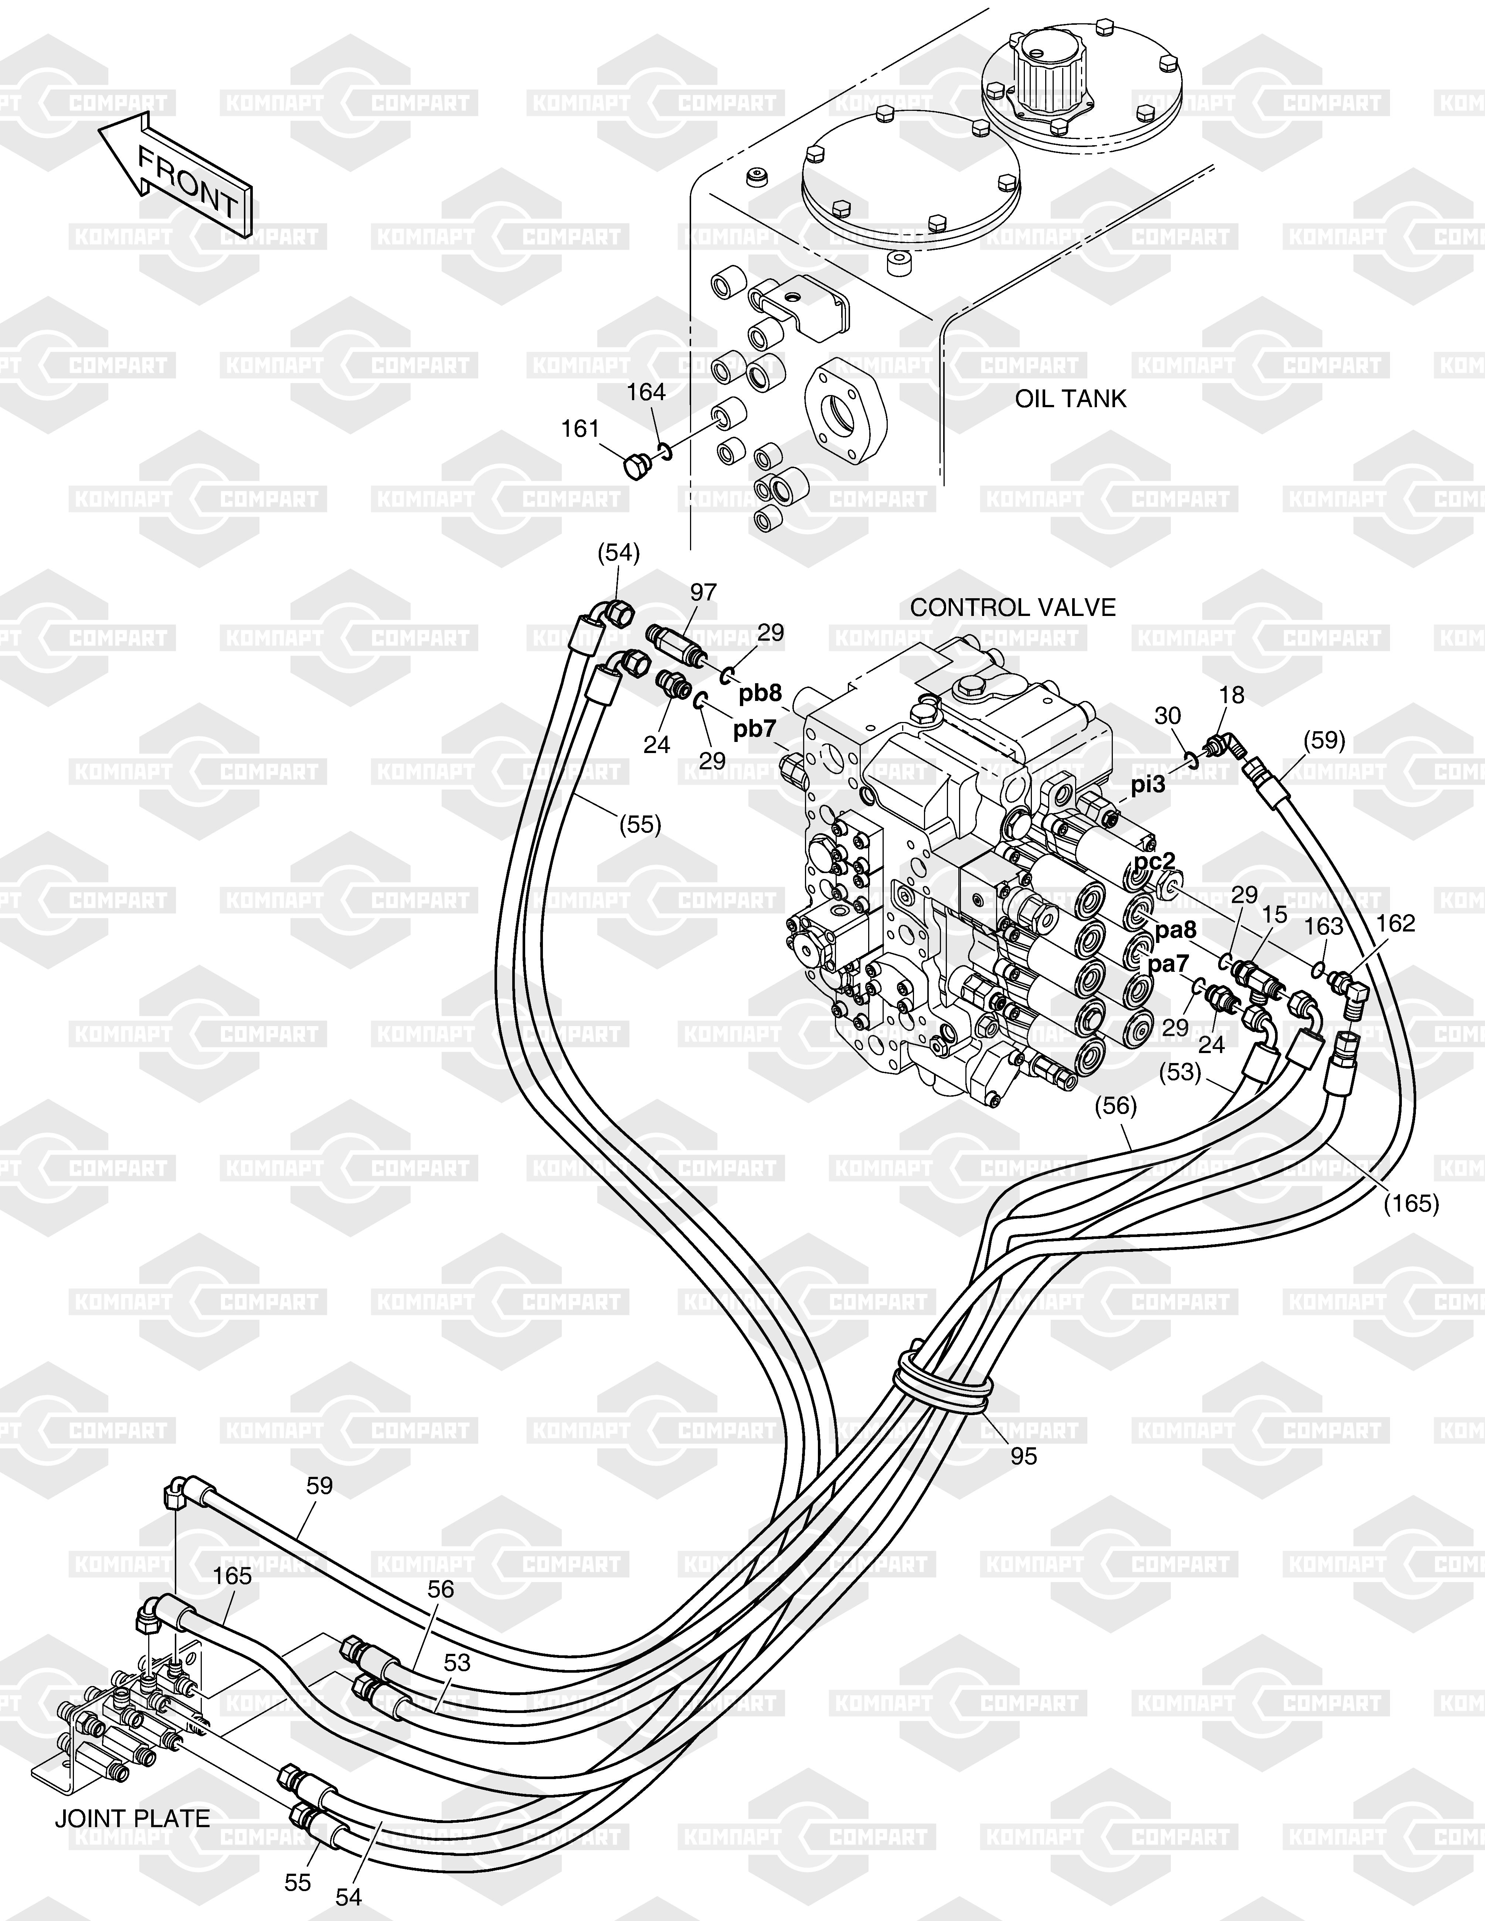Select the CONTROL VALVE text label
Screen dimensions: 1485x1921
1013,608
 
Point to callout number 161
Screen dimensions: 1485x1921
581,429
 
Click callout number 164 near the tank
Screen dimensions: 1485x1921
647,392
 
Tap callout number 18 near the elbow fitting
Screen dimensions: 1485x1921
1233,695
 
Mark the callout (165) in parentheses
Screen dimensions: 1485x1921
1411,1203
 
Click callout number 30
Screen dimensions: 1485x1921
1168,716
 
